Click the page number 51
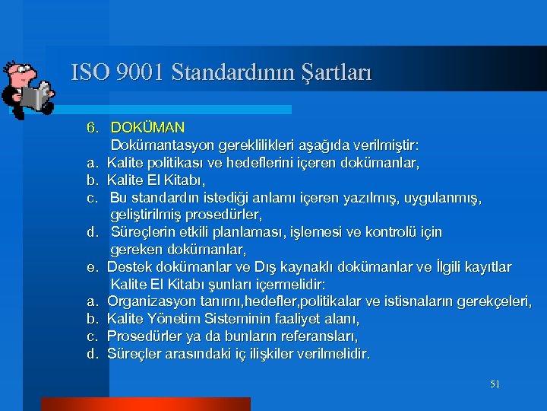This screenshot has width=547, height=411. pyautogui.click(x=495, y=384)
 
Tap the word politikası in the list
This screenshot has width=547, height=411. pyautogui.click(x=177, y=162)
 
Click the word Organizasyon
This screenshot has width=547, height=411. pyautogui.click(x=150, y=301)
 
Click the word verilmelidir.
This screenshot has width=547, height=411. pyautogui.click(x=331, y=353)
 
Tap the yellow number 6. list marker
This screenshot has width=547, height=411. pyautogui.click(x=92, y=127)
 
